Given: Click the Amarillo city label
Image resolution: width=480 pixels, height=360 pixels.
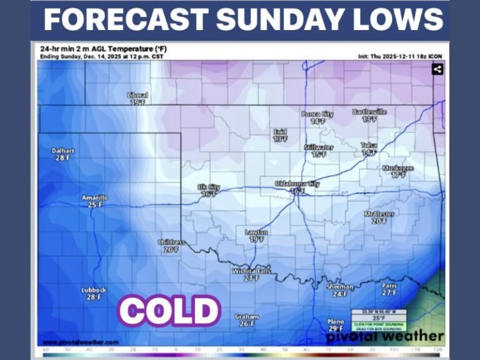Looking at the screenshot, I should (95, 198).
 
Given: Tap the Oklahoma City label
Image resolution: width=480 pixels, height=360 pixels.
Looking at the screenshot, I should (297, 184).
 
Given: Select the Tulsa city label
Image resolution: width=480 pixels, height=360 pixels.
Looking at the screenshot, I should (369, 146).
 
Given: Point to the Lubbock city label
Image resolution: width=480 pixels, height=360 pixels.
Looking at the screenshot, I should (94, 290).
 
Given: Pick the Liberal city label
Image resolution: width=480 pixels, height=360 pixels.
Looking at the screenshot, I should (138, 95).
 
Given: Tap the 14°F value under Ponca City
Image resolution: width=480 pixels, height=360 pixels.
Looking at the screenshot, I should (317, 122).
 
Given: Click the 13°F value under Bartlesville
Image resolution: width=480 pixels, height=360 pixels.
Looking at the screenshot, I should (369, 119).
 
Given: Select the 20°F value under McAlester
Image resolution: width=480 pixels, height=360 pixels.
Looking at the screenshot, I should (379, 221).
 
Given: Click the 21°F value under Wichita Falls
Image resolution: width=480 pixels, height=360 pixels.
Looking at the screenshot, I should (251, 278).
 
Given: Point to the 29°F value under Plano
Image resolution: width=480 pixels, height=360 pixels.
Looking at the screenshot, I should (336, 329).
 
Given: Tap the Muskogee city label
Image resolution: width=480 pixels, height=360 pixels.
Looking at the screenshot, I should (398, 168).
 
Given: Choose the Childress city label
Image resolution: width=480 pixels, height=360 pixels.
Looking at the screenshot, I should (171, 242).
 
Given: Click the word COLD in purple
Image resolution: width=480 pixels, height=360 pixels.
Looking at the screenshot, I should (169, 311).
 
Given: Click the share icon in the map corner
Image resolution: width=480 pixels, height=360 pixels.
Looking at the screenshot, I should (437, 69).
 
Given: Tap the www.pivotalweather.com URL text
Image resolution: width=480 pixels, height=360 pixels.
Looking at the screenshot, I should (81, 342).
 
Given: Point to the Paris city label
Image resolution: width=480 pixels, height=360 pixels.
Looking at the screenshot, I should (389, 286).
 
